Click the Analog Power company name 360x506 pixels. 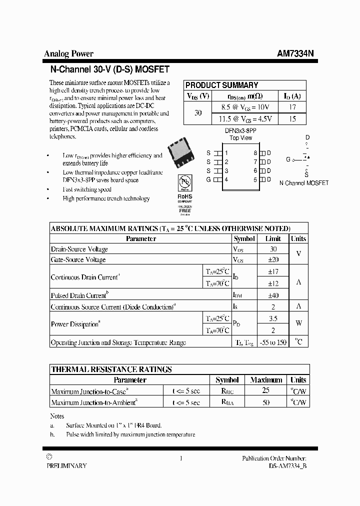tap(68, 54)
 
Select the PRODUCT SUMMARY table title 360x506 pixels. tap(221, 85)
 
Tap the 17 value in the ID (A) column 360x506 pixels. tap(292, 107)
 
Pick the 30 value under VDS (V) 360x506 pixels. tap(198, 113)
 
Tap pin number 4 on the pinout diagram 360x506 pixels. tap(226, 179)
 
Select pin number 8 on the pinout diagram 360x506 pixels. tap(255, 153)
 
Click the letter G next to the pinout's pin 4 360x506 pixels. tap(208, 179)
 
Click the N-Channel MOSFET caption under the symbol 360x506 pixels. tap(304, 183)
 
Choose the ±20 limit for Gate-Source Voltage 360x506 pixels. tap(273, 259)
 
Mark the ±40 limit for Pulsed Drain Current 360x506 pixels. tap(273, 295)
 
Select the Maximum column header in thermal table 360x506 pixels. tap(266, 380)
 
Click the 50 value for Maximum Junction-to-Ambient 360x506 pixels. tap(266, 402)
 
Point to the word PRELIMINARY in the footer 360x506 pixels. tap(66, 465)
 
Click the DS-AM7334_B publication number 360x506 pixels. tap(283, 465)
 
